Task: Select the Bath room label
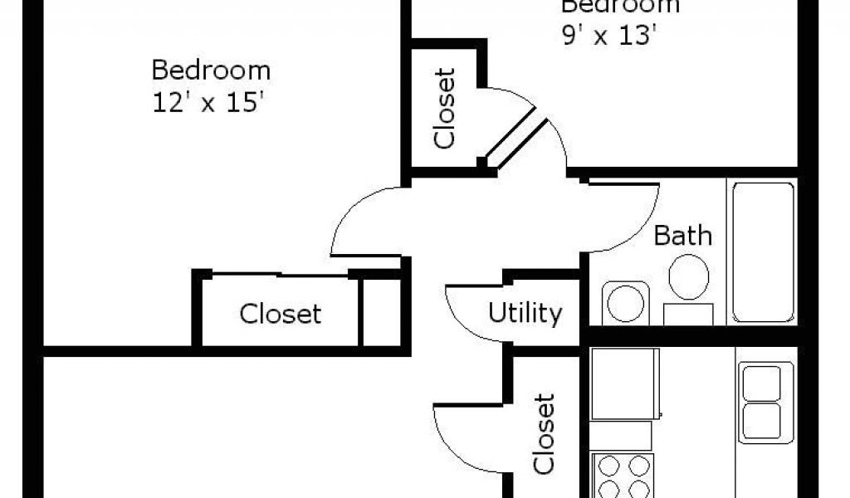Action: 682,236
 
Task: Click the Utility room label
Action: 525,313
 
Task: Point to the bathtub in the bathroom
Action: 762,251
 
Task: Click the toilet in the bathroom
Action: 688,276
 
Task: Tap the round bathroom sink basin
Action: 624,303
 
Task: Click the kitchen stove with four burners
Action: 622,476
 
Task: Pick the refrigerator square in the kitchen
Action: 624,383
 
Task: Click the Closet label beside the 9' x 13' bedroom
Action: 446,109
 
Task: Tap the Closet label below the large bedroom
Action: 280,314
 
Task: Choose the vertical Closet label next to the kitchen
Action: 544,433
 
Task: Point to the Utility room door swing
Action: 465,311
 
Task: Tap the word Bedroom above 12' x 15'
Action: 211,70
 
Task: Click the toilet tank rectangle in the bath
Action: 688,314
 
